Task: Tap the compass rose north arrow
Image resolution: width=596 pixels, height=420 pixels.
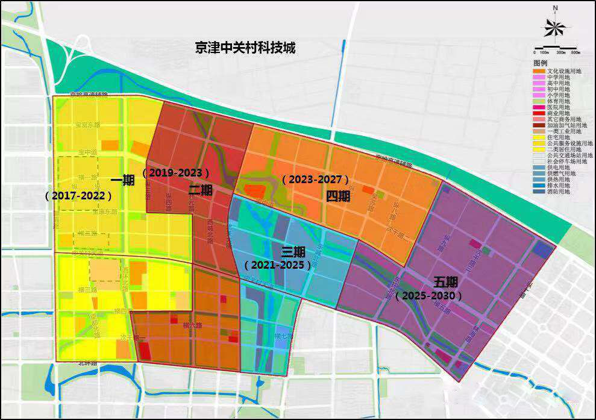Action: click(554, 27)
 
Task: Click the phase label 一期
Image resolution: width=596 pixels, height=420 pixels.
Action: click(123, 179)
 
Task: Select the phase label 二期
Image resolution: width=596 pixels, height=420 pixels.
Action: click(200, 190)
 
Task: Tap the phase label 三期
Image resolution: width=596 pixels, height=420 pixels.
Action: click(294, 251)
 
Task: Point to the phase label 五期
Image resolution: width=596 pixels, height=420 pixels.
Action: click(446, 282)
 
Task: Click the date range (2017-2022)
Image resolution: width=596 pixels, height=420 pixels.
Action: click(79, 196)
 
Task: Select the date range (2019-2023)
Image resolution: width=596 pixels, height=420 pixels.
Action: click(176, 172)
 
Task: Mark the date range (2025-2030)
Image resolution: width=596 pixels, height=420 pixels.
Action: click(428, 296)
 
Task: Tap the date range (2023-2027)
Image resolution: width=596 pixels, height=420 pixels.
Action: click(315, 180)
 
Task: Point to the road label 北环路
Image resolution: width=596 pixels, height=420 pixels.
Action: click(89, 363)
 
